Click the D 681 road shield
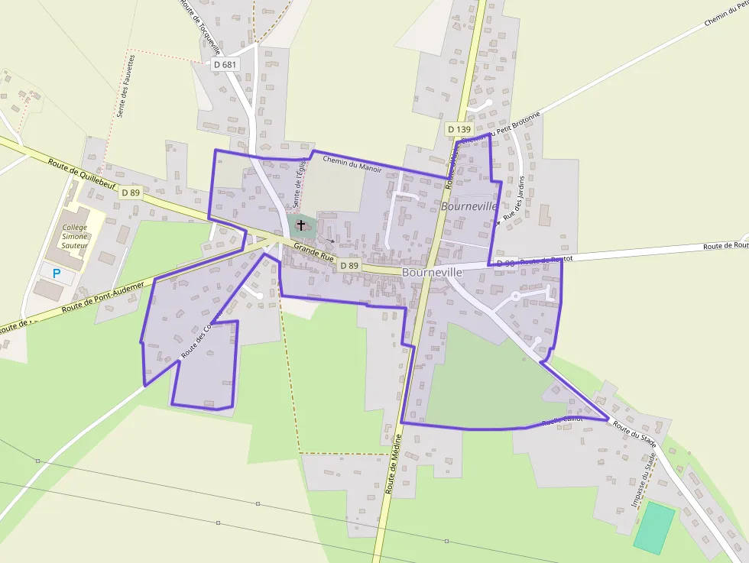[x=226, y=65]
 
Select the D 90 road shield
[x=505, y=264]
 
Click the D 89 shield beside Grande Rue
[x=349, y=265]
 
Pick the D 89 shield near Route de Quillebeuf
[x=131, y=193]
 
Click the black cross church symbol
[x=301, y=225]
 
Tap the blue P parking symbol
[x=56, y=273]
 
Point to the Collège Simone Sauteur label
[x=75, y=236]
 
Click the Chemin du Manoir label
[x=352, y=163]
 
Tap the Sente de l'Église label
[x=299, y=184]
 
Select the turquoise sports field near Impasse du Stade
[x=654, y=528]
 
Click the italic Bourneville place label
[x=469, y=207]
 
